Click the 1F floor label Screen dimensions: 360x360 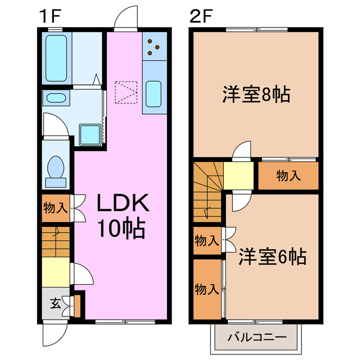click(49, 16)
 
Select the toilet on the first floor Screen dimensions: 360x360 click(56, 168)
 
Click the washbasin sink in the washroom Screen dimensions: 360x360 click(56, 98)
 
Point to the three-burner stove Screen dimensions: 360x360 click(154, 47)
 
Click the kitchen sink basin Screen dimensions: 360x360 click(154, 93)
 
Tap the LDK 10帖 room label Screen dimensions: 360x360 click(122, 215)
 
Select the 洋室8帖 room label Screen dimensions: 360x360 click(256, 94)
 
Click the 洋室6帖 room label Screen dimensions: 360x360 click(272, 257)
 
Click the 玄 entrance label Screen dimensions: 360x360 click(55, 304)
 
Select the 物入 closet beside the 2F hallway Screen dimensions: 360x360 click(288, 176)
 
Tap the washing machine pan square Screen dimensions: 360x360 click(89, 134)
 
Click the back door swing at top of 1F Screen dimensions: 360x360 click(127, 17)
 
